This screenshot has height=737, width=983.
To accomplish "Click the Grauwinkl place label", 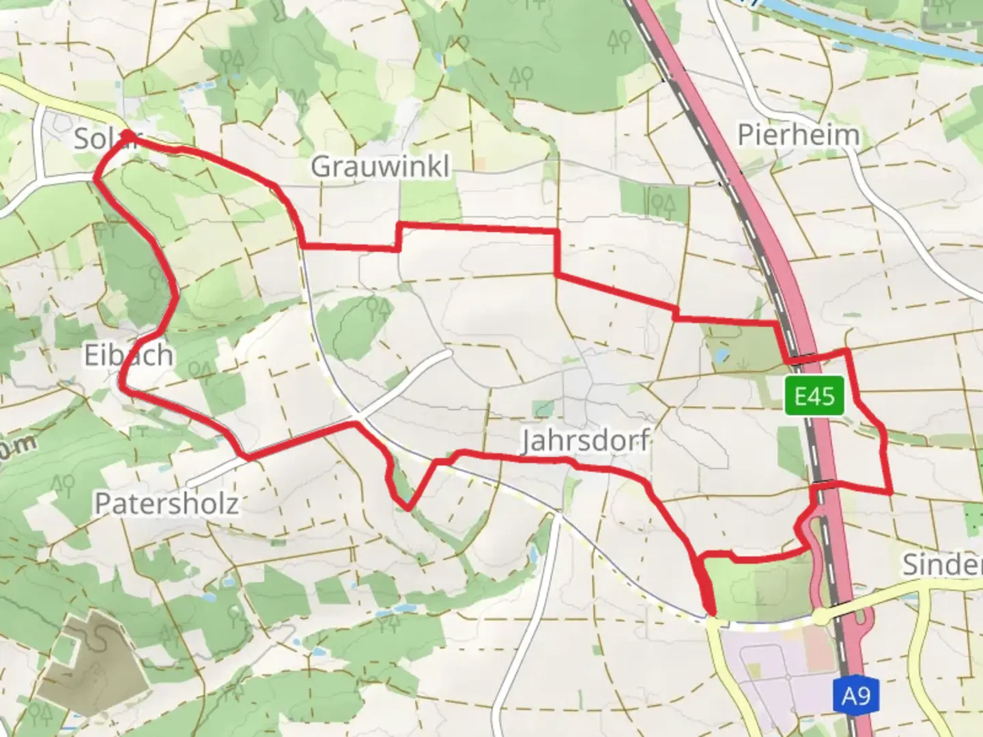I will [x=380, y=166].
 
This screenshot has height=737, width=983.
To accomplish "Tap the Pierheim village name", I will [x=798, y=134].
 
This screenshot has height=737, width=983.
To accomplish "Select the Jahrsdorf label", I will [x=585, y=440].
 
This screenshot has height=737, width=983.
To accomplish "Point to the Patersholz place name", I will [x=167, y=504].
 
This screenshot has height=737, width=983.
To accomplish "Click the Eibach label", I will [x=128, y=355].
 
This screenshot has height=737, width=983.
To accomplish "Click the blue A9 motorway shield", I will [x=856, y=696].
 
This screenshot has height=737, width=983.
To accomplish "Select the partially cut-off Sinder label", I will [x=943, y=564].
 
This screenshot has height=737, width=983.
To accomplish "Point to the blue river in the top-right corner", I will [x=887, y=34].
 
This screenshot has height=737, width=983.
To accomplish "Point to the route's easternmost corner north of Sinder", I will [x=891, y=491].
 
